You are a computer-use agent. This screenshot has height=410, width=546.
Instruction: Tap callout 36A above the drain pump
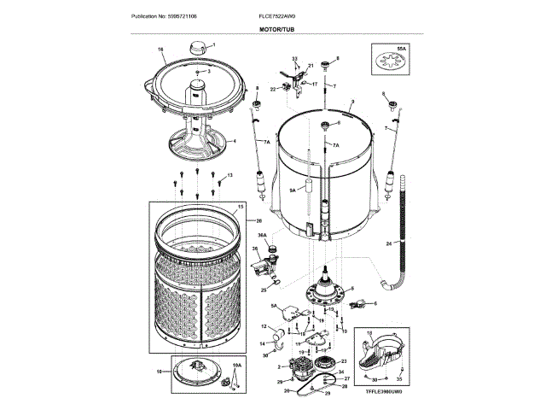tap(262, 235)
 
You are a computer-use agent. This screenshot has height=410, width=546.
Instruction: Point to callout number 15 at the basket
tap(241, 207)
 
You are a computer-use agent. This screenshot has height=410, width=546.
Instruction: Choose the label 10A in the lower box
tap(236, 365)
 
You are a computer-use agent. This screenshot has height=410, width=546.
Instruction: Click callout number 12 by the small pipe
tap(263, 327)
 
